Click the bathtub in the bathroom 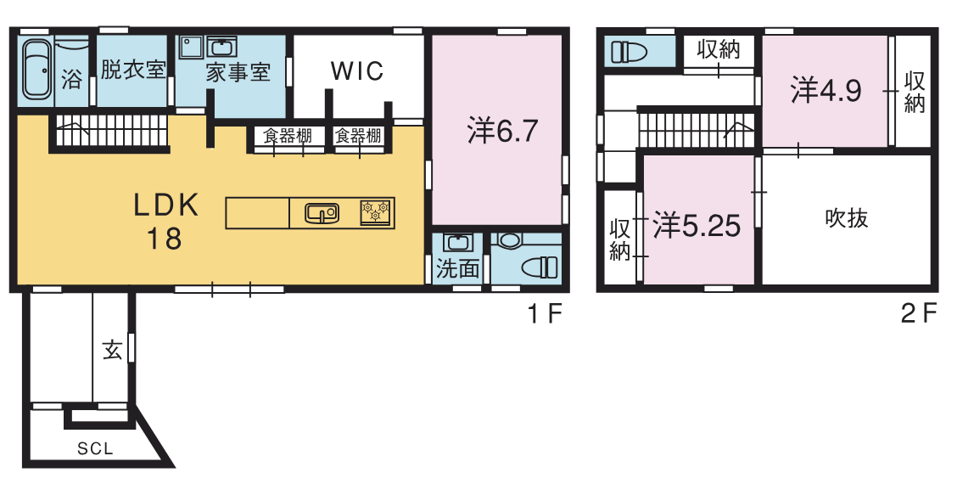click(x=37, y=69)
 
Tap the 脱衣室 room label click(x=132, y=69)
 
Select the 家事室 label click(x=238, y=73)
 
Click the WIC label click(x=357, y=70)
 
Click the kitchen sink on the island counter click(x=322, y=213)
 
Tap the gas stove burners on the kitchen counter click(x=376, y=212)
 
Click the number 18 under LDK click(x=164, y=239)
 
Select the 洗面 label click(x=457, y=269)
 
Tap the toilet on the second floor click(x=629, y=51)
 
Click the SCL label click(x=95, y=448)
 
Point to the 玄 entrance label click(x=112, y=350)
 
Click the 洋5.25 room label click(x=697, y=226)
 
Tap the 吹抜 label click(x=847, y=218)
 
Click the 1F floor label click(x=544, y=314)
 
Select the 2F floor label click(x=919, y=314)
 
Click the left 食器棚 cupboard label click(x=287, y=136)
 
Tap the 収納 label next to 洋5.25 click(x=620, y=240)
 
